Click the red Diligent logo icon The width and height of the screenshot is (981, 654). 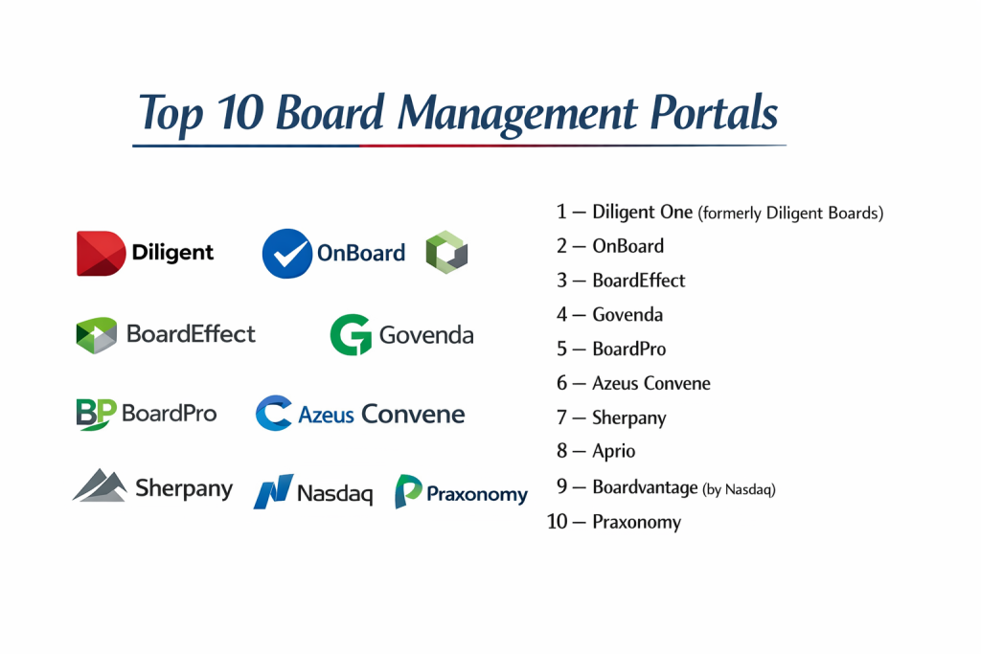pos(101,253)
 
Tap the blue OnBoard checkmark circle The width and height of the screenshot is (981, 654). pos(287,253)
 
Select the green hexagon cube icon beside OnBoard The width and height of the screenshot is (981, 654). pos(446,252)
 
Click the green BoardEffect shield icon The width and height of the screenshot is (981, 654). pos(97,335)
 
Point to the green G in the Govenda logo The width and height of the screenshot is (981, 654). pos(351,334)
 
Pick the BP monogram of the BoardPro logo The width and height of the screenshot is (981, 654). pos(97,414)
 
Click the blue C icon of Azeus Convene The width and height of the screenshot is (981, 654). pos(274,413)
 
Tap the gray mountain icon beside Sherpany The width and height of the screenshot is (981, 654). pos(100,485)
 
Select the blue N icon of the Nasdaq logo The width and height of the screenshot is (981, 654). pos(273,491)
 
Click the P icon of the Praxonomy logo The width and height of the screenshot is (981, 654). pos(408,491)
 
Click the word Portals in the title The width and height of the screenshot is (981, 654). pos(714,113)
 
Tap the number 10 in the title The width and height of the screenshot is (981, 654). pos(240,113)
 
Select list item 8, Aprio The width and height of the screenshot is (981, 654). pos(596,451)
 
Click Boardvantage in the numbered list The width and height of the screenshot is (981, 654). pos(645,487)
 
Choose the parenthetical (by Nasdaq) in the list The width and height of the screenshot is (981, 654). pos(739,489)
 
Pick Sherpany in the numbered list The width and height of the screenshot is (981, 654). pos(629,417)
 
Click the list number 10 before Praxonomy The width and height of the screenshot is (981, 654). pos(558,522)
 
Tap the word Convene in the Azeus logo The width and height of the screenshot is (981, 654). pos(413,414)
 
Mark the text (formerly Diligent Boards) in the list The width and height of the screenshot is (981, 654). pos(790,214)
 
